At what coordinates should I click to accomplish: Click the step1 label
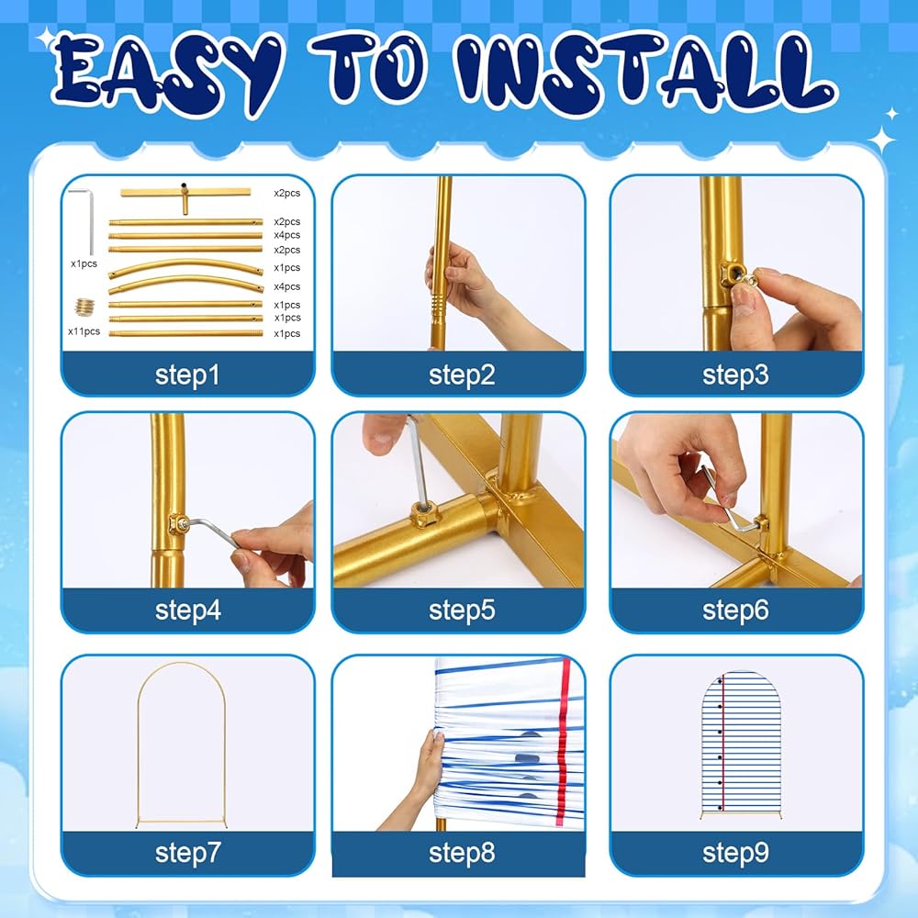coord(187,375)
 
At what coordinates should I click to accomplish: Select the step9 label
coord(735,853)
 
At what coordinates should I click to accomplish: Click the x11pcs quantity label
coord(84,331)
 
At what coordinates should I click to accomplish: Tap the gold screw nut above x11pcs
coord(84,307)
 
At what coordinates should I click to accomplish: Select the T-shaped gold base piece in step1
coord(185,197)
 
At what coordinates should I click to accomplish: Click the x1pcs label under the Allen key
coord(84,263)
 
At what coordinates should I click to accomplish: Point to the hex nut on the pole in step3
coord(730,273)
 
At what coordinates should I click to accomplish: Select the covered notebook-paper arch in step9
coord(736,744)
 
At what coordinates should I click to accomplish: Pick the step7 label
coord(187,853)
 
